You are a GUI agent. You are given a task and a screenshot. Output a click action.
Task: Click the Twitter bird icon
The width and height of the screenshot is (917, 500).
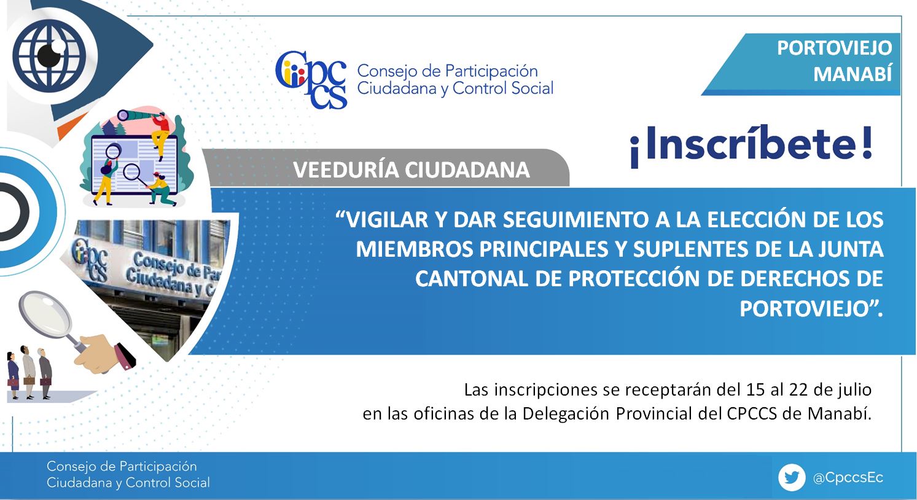791,477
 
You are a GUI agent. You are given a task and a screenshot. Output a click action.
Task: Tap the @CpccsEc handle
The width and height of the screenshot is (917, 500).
848,478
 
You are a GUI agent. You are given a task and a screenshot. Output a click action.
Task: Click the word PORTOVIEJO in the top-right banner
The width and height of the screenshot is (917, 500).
834,49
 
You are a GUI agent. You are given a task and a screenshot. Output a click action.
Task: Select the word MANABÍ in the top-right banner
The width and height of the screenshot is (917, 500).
853,74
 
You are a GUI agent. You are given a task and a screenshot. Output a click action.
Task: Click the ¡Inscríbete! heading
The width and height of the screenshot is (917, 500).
751,146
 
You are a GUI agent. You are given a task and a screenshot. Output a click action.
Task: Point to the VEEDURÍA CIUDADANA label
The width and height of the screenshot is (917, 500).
412,170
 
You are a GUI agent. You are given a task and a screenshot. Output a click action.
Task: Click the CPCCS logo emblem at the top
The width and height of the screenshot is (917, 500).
311,80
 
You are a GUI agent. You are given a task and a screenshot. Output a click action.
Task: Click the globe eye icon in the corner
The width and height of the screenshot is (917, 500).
50,56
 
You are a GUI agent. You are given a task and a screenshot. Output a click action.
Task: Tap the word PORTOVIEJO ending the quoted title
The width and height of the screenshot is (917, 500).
805,309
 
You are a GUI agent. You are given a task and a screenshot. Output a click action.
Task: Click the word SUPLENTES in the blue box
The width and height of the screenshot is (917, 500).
690,249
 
